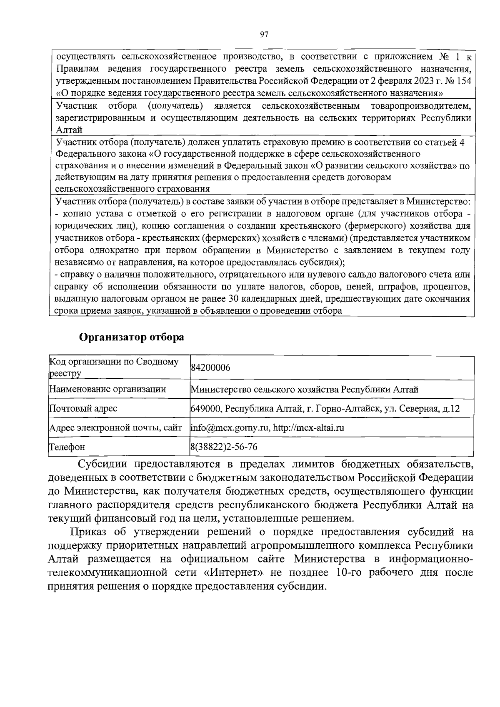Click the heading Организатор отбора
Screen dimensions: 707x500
point(132,337)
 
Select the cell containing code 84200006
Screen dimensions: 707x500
point(210,367)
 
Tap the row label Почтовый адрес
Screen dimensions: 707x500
point(83,408)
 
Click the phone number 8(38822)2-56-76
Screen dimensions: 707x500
point(224,447)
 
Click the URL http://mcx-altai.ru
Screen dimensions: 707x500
point(309,427)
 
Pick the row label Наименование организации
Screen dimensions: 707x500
point(107,389)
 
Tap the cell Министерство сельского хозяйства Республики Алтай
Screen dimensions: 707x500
point(304,389)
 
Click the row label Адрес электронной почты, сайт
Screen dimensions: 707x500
point(115,427)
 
